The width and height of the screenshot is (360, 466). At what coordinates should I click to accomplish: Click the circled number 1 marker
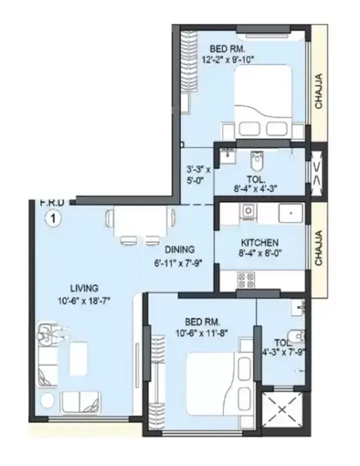53,219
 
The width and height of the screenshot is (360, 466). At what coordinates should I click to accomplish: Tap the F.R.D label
52,203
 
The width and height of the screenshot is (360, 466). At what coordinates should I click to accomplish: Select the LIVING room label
84,288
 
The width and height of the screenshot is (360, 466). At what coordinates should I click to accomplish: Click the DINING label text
179,250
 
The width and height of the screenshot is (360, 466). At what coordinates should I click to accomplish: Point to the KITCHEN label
259,243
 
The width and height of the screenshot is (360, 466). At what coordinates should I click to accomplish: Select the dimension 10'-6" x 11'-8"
202,333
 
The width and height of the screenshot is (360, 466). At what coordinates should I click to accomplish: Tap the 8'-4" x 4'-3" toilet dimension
255,189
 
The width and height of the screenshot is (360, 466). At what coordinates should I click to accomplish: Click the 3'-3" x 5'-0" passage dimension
198,175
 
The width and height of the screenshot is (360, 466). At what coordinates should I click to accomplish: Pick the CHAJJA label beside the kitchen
318,248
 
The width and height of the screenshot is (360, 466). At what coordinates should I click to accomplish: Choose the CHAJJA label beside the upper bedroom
318,91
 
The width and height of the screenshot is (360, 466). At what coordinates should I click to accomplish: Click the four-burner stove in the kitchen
245,280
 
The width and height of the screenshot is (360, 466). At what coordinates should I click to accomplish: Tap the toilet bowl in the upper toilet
256,161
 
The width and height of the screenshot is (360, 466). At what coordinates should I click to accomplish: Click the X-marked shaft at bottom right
282,410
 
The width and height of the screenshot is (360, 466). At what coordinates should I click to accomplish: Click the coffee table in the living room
78,359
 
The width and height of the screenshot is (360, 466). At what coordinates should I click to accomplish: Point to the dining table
140,221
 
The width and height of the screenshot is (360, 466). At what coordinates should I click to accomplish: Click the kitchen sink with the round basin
248,211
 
